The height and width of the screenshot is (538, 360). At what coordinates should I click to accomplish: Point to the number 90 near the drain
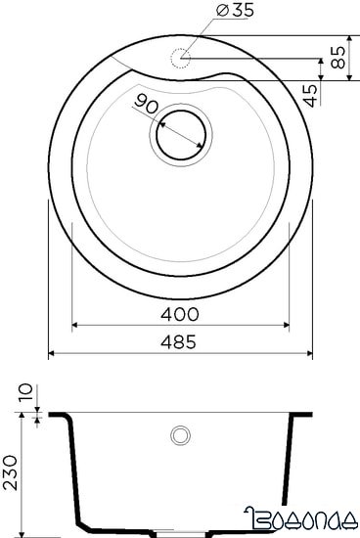[147, 104]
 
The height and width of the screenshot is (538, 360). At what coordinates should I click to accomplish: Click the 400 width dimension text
[181, 314]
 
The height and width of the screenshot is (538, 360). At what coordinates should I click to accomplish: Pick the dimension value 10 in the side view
[24, 392]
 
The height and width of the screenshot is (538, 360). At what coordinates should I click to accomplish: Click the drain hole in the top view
[179, 132]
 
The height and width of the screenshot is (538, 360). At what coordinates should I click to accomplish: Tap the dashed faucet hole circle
[179, 58]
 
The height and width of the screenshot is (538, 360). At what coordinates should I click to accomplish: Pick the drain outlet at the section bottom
[180, 534]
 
